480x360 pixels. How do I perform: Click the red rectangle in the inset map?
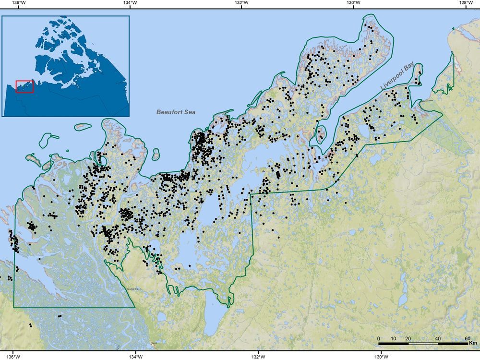click(x=24, y=87)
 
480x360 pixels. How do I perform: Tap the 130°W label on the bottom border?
click(x=381, y=356)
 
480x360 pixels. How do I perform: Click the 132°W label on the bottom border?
click(x=258, y=356)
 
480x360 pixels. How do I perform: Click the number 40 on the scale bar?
click(x=438, y=339)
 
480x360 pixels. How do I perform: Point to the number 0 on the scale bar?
click(x=379, y=339)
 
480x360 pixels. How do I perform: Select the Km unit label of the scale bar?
click(x=473, y=344)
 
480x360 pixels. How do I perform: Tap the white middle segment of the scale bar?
click(x=423, y=344)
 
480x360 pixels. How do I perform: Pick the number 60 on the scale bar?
click(x=468, y=339)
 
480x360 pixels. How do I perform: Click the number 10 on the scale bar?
click(x=394, y=339)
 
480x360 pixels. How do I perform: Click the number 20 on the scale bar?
click(x=408, y=339)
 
